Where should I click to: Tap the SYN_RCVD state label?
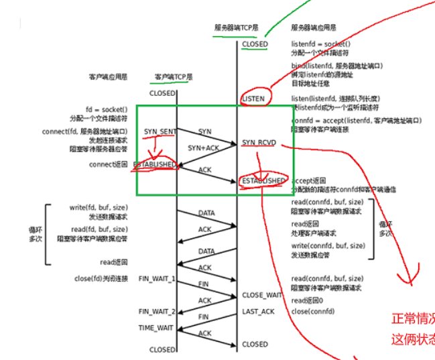pyautogui.click(x=258, y=143)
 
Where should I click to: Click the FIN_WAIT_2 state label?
pyautogui.click(x=157, y=312)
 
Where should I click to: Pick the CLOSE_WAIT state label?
pyautogui.click(x=262, y=295)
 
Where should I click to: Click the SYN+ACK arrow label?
pyautogui.click(x=202, y=147)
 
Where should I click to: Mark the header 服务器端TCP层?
pyautogui.click(x=237, y=28)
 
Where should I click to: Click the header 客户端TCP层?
pyautogui.click(x=174, y=77)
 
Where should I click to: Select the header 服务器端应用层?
pyautogui.click(x=314, y=28)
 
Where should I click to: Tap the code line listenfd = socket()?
pyautogui.click(x=320, y=44)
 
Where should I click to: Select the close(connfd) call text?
pyautogui.click(x=313, y=312)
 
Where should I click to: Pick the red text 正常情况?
pyautogui.click(x=413, y=318)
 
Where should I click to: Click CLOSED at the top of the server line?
pyautogui.click(x=255, y=44)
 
